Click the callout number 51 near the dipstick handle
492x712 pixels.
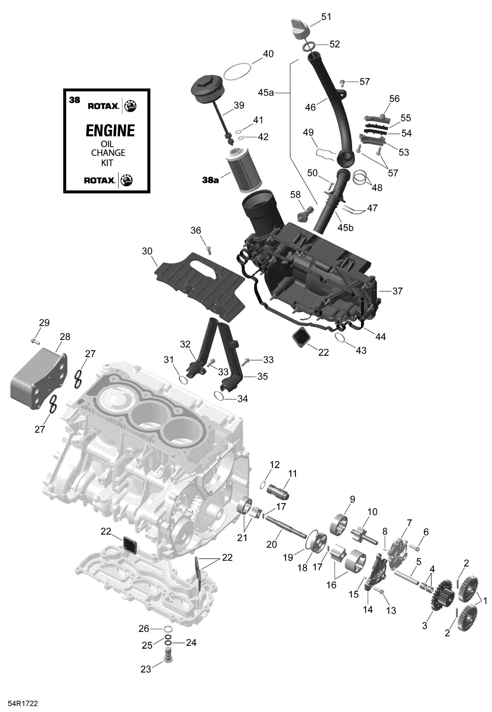point(326,17)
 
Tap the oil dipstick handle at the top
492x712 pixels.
point(299,29)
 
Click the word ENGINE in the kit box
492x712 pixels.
point(110,131)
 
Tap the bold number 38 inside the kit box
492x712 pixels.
point(74,100)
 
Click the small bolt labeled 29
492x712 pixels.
point(35,342)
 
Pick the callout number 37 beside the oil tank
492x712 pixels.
point(397,291)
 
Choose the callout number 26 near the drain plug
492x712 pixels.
point(144,628)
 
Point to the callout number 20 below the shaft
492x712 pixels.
point(272,544)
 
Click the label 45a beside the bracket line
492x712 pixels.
point(265,93)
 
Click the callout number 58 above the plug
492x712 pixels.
point(295,195)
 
